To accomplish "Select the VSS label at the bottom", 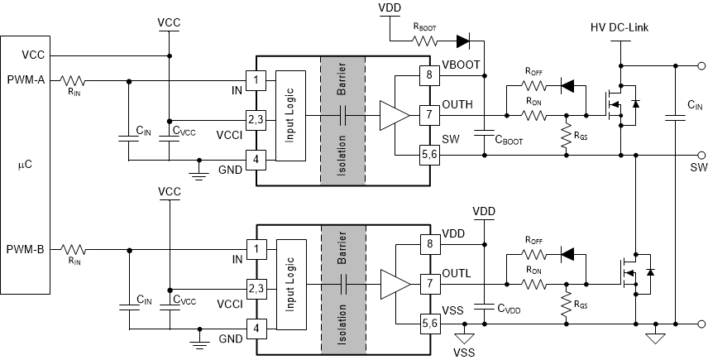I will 465,352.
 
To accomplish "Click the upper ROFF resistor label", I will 534,72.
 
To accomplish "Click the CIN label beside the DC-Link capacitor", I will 695,106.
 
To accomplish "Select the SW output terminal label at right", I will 699,167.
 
